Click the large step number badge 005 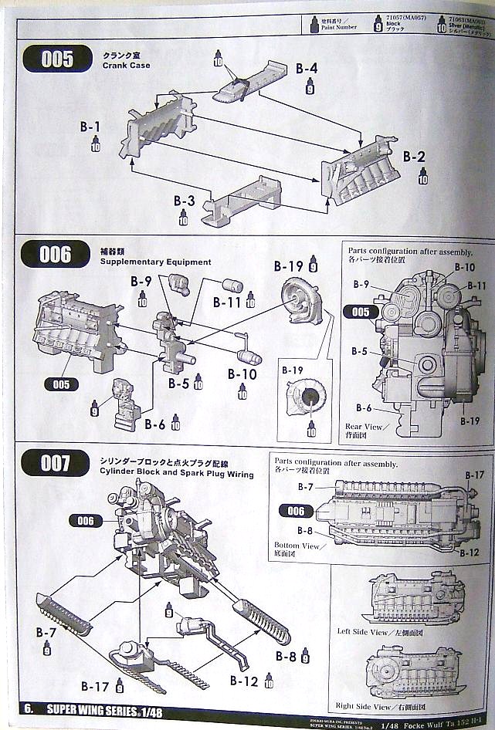click(57, 59)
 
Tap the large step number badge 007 click(56, 463)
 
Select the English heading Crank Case click(126, 66)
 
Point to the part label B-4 click(307, 69)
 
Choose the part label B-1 click(90, 126)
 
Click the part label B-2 click(414, 157)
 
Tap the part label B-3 click(184, 201)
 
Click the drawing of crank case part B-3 click(243, 203)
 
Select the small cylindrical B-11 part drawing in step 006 click(232, 286)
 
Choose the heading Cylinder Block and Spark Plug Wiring click(176, 474)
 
